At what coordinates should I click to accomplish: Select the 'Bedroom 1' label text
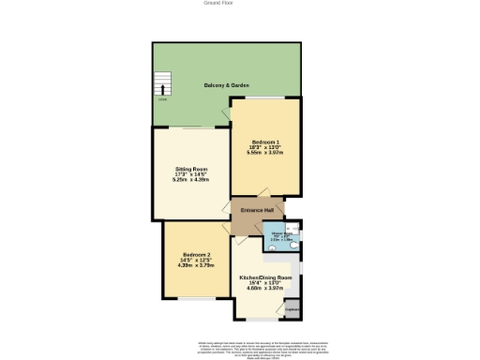(264, 141)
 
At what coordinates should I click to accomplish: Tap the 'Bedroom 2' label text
(196, 256)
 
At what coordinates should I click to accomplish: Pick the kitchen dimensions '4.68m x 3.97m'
(265, 289)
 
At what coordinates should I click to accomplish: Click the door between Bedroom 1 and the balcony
(226, 113)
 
